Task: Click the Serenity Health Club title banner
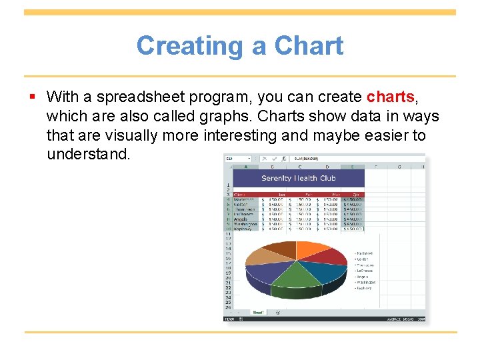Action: coord(298,178)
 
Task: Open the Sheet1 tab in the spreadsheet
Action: coord(258,312)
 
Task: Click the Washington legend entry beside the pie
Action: coord(365,282)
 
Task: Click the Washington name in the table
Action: coord(245,224)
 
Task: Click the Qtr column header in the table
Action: coord(351,194)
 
